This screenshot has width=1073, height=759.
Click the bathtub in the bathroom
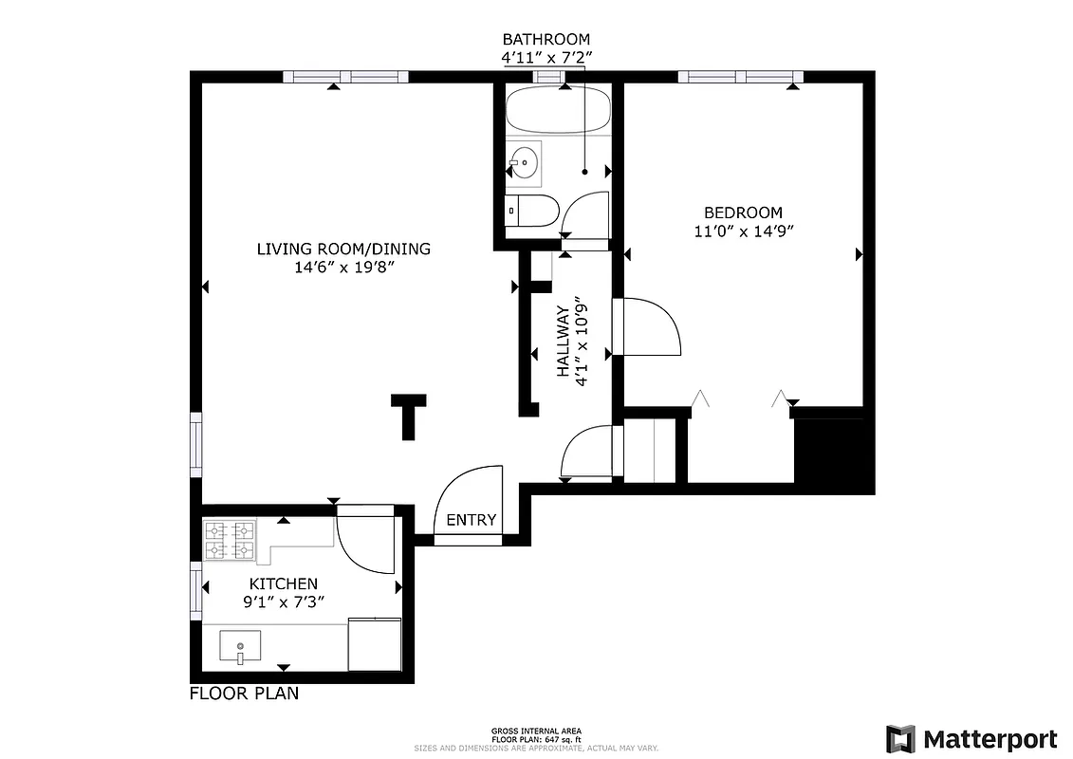(557, 113)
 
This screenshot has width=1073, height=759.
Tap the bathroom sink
(523, 162)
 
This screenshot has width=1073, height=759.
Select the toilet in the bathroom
(533, 211)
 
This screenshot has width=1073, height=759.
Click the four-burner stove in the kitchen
(231, 540)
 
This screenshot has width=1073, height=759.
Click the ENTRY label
(471, 520)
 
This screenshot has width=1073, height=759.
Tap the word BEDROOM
(742, 213)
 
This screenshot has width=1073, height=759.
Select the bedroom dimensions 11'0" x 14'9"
(742, 231)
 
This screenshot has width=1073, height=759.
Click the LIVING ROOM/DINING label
(343, 250)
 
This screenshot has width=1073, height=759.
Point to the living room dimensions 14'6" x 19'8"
(343, 268)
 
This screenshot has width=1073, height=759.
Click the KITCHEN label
(283, 583)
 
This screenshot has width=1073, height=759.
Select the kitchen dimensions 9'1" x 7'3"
(283, 602)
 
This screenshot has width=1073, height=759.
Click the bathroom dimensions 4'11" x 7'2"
(546, 57)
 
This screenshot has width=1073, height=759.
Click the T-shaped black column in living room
(409, 414)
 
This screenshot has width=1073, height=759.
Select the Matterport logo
(971, 738)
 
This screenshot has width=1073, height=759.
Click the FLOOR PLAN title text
(244, 694)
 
